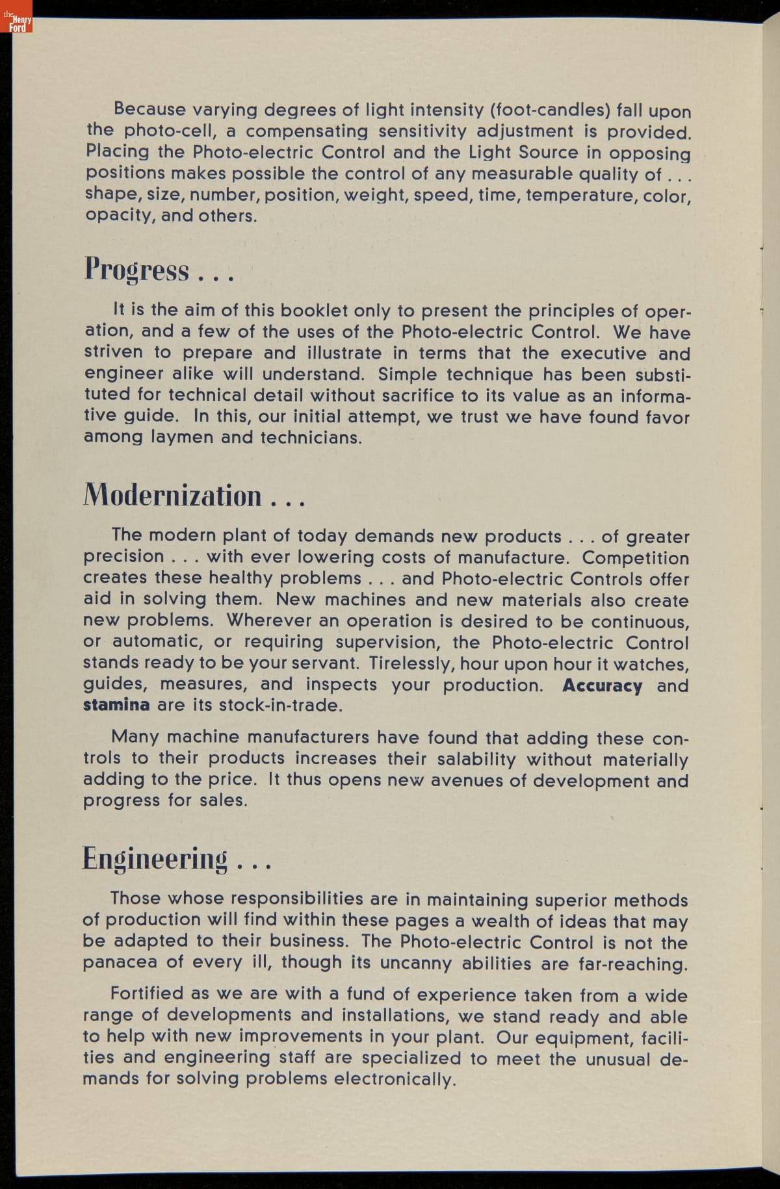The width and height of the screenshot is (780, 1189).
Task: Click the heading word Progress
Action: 136,270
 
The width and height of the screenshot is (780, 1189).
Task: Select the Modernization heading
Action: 172,496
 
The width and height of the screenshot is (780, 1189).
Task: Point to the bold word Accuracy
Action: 602,686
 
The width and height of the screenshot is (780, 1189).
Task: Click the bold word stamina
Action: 116,705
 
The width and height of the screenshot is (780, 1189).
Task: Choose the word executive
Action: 603,353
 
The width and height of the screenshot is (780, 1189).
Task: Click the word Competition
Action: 635,558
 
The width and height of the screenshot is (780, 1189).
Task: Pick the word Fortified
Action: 147,994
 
